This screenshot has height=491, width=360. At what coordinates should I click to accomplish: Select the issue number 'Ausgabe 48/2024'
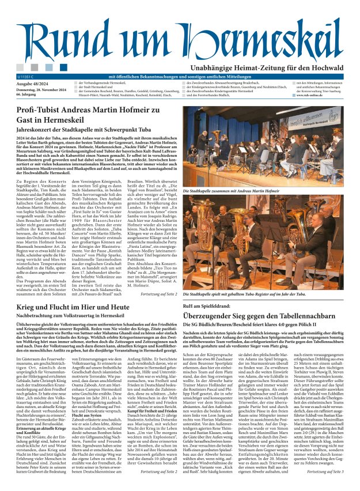32,84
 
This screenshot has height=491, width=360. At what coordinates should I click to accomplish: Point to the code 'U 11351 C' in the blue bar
26,76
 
